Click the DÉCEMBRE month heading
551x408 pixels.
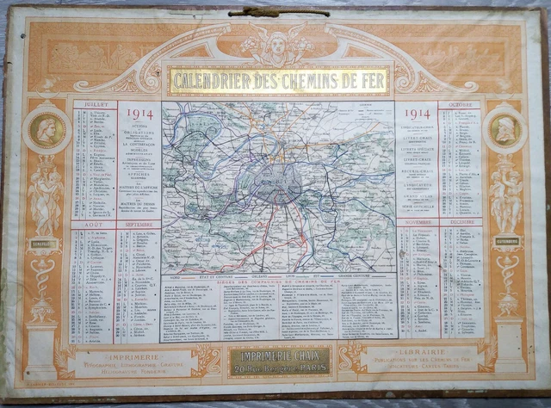pos(461,222)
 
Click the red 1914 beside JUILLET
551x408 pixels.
pos(139,114)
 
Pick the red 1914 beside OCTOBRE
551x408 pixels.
pos(417,114)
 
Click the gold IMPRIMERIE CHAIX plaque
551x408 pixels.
pos(278,360)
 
